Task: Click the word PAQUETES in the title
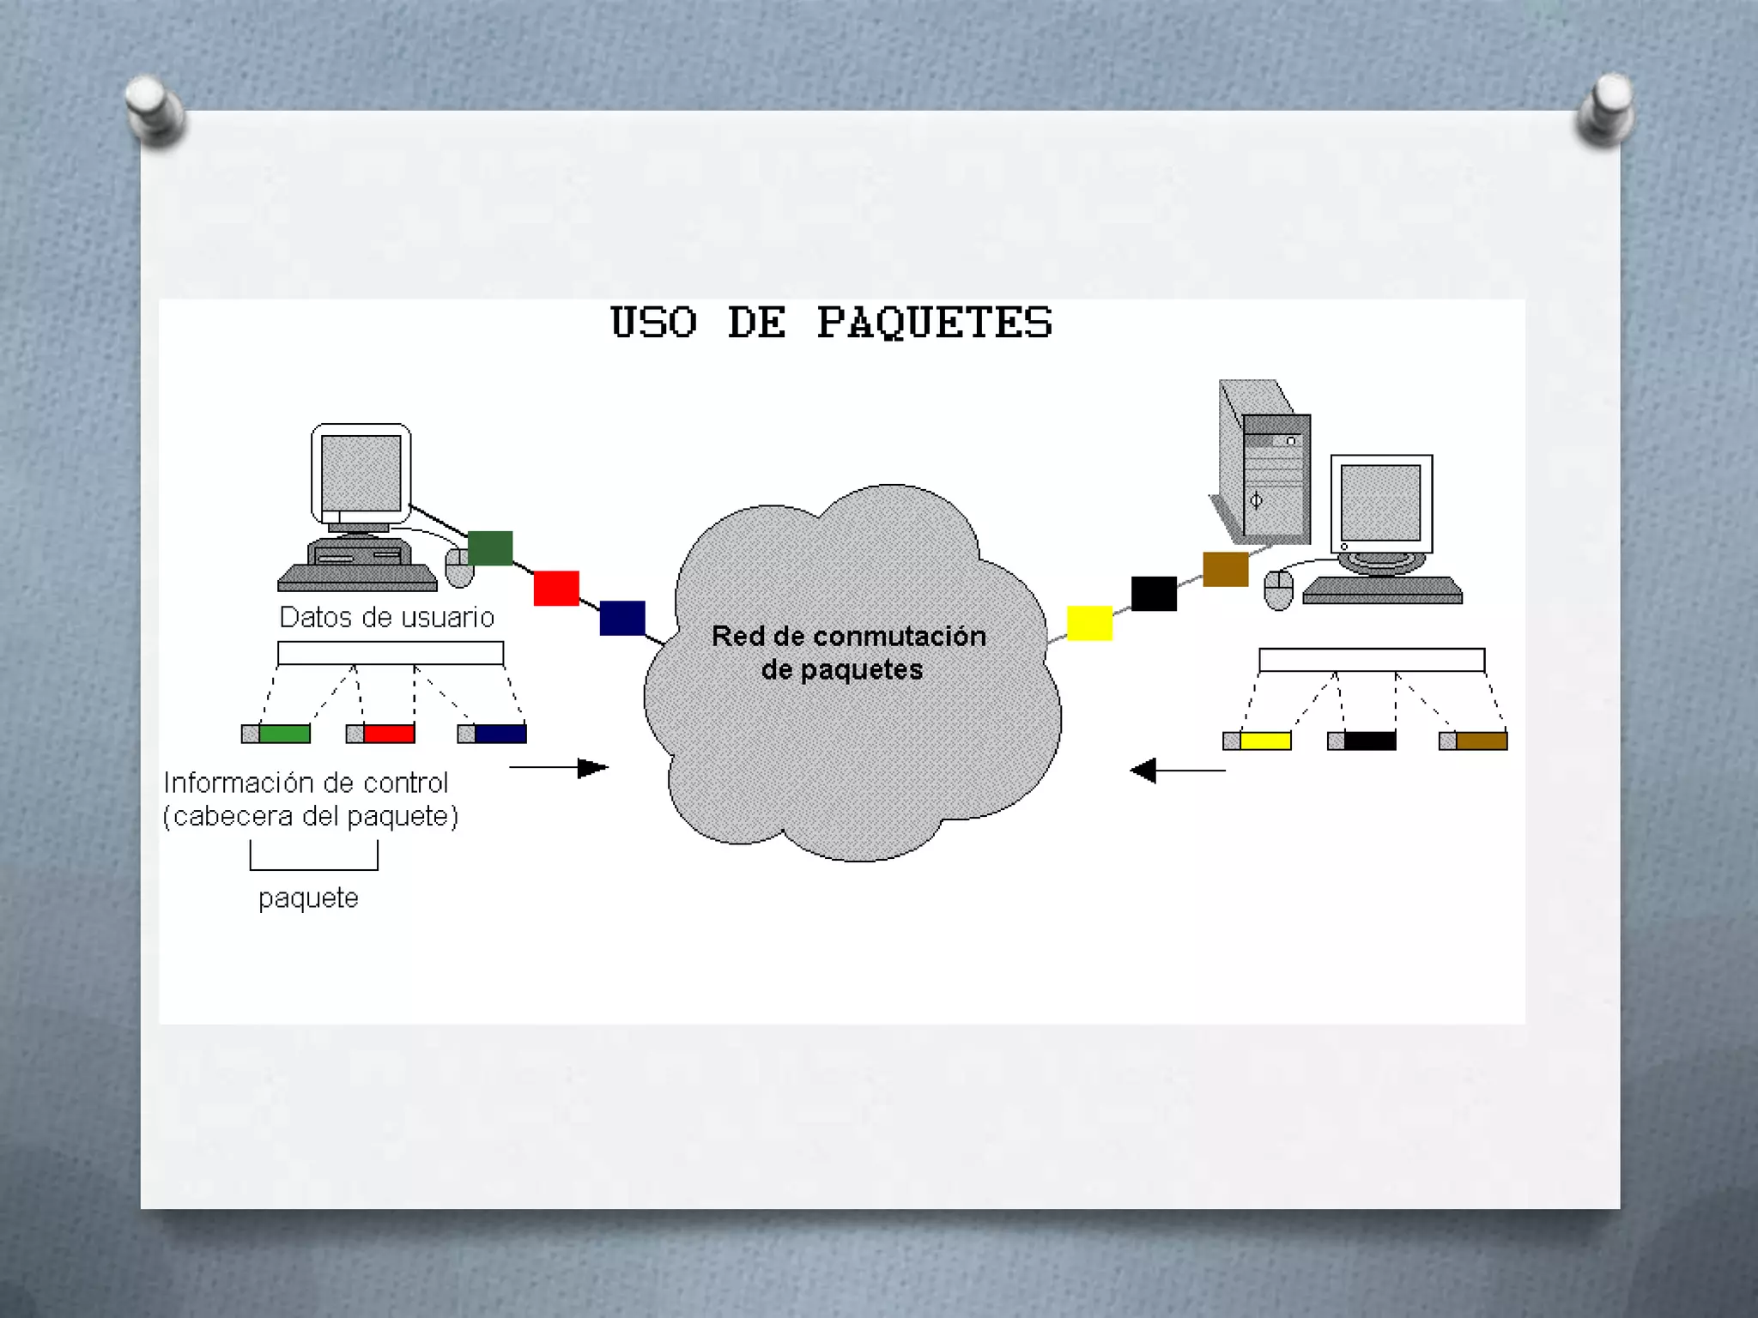coord(934,323)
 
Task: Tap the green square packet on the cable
coord(490,548)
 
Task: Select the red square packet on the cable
coord(556,589)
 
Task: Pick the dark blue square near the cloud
coord(622,618)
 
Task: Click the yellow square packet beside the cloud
coord(1089,623)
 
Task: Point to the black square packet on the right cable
coord(1154,594)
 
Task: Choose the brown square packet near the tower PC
coord(1225,569)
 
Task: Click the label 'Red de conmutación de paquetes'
coord(848,652)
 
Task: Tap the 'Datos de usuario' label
coord(386,617)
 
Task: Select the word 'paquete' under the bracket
coord(308,898)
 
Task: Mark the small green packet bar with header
coord(276,734)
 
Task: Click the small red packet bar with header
coord(380,734)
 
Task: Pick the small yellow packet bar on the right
coord(1258,741)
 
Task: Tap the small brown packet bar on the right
coord(1473,741)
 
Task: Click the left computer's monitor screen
coord(361,473)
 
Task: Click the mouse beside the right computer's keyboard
coord(1278,589)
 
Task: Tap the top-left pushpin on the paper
coord(153,108)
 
